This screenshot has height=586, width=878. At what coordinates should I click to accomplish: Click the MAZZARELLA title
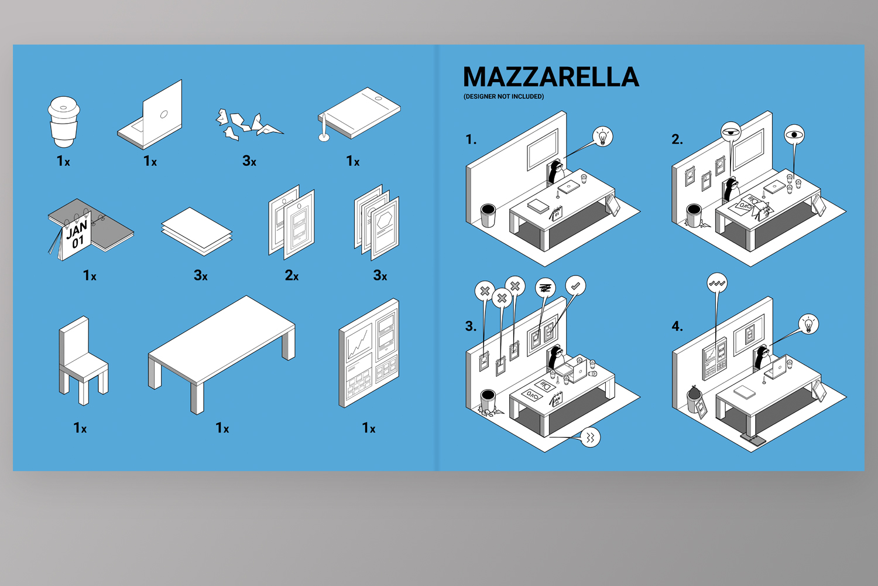click(x=551, y=77)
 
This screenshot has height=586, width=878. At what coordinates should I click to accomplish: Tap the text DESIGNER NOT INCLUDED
click(x=503, y=97)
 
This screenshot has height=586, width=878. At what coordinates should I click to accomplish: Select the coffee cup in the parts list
click(x=63, y=122)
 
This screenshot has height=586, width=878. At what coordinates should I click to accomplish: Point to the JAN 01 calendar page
click(x=77, y=236)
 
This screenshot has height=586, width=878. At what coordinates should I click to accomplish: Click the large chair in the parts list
click(x=83, y=360)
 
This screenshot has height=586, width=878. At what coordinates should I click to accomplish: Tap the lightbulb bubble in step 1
click(x=602, y=137)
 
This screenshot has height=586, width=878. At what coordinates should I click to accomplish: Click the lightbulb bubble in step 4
click(x=808, y=324)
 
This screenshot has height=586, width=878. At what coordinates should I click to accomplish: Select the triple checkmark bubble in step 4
click(x=717, y=283)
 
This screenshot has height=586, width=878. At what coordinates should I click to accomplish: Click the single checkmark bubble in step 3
click(x=575, y=286)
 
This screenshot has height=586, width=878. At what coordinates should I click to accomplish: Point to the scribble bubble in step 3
click(x=545, y=288)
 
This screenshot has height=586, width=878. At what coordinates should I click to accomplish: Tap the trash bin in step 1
click(x=488, y=215)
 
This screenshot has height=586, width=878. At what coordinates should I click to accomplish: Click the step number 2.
click(x=677, y=139)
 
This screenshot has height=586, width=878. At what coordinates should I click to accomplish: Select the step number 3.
click(x=471, y=326)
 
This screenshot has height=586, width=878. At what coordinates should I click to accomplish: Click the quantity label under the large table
click(x=222, y=427)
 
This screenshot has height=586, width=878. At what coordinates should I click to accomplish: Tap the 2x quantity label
click(x=291, y=275)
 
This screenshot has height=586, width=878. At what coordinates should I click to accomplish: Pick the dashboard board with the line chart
click(x=369, y=353)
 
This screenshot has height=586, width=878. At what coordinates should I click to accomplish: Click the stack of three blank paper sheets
click(x=197, y=231)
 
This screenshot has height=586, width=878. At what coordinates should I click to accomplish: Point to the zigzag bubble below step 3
click(x=590, y=437)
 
